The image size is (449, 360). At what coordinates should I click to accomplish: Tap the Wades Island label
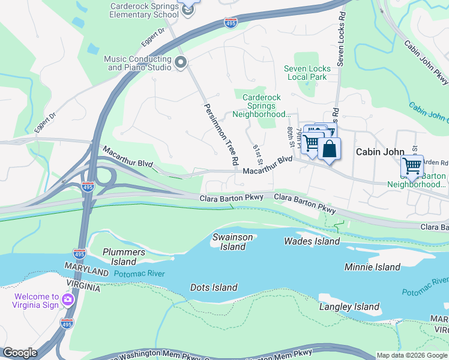coord(312,241)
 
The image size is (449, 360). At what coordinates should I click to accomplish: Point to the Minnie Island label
coord(372,267)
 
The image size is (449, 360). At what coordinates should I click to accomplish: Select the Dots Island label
coord(214,287)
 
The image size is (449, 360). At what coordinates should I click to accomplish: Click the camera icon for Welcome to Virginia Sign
coord(68,299)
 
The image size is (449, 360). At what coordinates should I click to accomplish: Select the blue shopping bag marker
coord(329,148)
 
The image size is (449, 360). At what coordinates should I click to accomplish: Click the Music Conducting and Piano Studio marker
coord(181,62)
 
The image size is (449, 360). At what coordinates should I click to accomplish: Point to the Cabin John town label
coord(379,152)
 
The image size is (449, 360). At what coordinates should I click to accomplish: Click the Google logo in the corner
coord(19,353)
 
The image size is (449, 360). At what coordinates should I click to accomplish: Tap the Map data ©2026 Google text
coord(411,355)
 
